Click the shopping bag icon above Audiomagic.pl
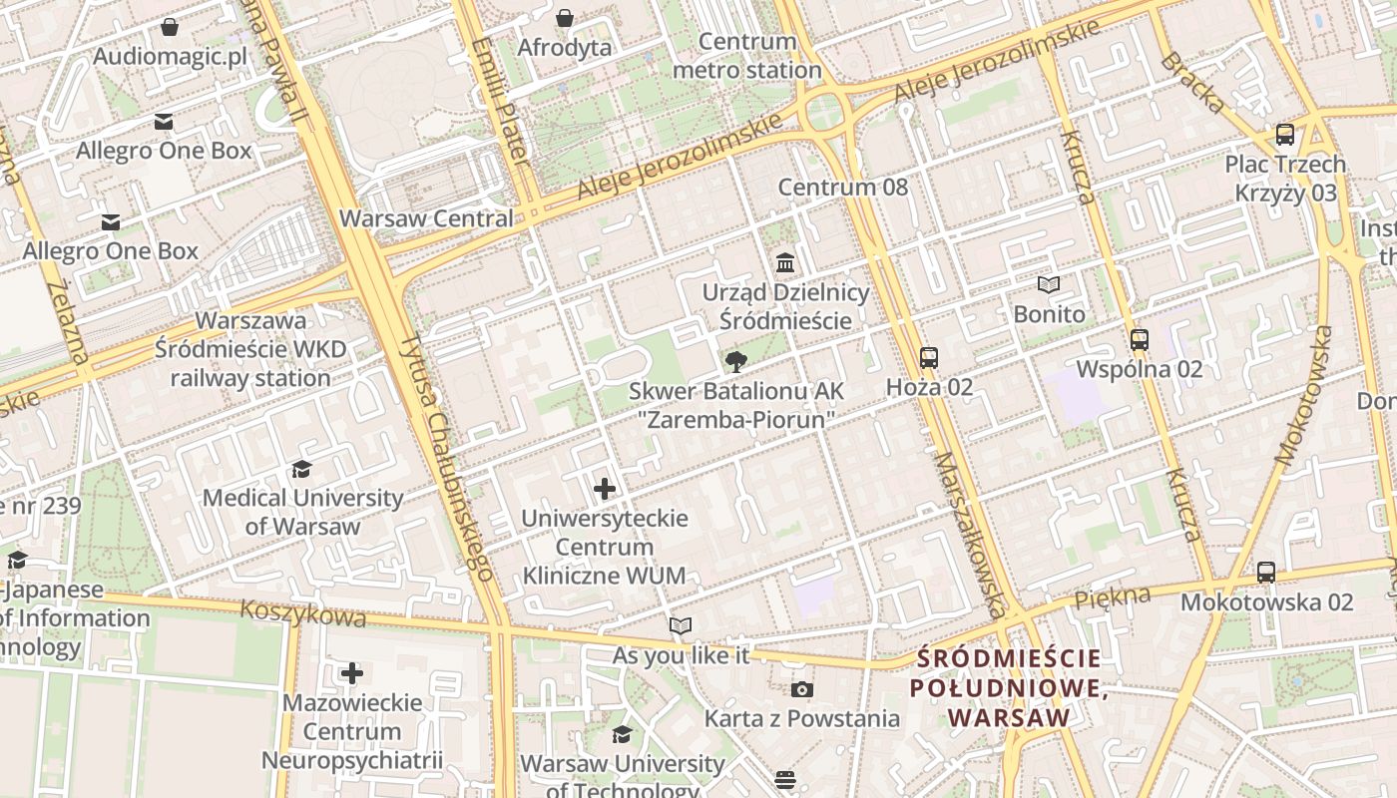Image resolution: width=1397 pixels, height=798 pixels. (170, 27)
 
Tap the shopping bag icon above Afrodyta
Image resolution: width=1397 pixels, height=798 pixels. (565, 18)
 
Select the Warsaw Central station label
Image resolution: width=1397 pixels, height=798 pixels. (426, 218)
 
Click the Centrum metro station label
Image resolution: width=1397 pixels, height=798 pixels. (747, 56)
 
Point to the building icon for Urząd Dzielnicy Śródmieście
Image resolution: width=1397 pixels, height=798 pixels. (785, 263)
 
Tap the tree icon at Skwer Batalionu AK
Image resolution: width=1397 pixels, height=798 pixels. (735, 361)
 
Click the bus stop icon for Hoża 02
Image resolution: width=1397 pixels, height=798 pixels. (929, 357)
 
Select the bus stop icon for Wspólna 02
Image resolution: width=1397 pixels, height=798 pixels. (1140, 340)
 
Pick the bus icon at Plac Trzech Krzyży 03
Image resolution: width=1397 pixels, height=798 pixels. (1285, 135)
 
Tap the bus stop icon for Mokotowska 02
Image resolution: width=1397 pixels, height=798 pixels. (1266, 573)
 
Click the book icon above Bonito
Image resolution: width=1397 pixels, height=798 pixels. (1049, 285)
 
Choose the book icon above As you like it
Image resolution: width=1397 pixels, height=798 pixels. (681, 626)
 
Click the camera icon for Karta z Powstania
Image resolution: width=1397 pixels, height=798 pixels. (801, 689)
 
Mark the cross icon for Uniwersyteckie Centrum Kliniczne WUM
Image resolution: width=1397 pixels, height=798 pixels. (605, 489)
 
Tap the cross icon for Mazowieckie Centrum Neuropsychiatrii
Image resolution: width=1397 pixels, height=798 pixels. (351, 673)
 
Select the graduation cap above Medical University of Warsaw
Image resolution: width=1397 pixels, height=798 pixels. (301, 469)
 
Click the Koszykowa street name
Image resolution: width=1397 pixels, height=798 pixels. (303, 613)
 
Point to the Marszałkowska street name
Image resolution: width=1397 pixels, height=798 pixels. (969, 535)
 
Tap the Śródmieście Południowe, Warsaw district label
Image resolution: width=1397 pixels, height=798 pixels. (1008, 687)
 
